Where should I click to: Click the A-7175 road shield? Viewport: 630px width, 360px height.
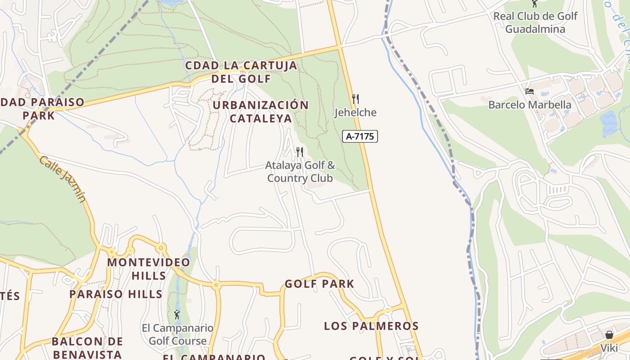click(x=360, y=136)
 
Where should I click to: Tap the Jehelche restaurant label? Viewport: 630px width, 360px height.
click(x=355, y=112)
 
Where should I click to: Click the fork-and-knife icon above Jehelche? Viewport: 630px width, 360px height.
click(x=355, y=99)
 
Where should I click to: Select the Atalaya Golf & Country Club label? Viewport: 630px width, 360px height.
click(x=300, y=171)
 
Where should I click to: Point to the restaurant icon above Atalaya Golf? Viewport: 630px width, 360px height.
click(x=300, y=152)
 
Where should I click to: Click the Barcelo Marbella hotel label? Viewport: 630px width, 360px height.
click(x=530, y=105)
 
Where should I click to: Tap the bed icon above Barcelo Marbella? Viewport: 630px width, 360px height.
click(x=530, y=91)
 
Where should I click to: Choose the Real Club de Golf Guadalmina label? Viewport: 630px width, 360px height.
click(x=535, y=22)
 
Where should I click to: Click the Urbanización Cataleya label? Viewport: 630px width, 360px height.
click(x=261, y=112)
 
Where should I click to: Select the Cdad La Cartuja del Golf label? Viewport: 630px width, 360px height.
click(x=241, y=72)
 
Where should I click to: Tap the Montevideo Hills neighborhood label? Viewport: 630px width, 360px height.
click(x=148, y=269)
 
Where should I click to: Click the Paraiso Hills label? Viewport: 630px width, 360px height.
click(x=116, y=294)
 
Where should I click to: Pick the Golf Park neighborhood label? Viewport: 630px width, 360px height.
click(x=319, y=284)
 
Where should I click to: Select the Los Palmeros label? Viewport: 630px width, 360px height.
click(x=371, y=326)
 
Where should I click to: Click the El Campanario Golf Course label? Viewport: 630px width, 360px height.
click(x=177, y=334)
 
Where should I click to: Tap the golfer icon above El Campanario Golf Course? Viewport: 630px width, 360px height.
click(x=177, y=315)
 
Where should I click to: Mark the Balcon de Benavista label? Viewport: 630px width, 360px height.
click(x=87, y=347)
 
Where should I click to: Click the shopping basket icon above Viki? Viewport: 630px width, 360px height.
click(x=609, y=335)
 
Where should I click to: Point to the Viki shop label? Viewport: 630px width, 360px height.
click(x=609, y=348)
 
